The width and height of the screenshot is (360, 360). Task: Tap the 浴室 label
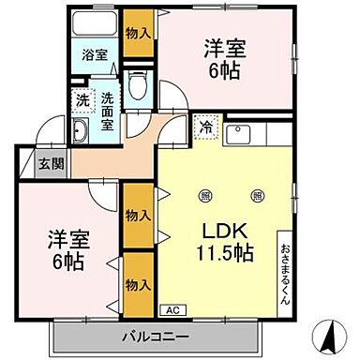pos(93,54)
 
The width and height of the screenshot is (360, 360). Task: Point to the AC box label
pos(172,307)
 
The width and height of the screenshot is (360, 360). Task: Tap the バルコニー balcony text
pos(155,335)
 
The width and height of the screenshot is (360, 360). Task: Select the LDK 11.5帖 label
pos(226,239)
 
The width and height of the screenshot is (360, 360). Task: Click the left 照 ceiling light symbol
pos(204,195)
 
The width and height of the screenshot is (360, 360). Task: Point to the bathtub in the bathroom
pos(93,23)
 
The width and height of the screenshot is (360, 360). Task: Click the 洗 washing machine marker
pos(82,98)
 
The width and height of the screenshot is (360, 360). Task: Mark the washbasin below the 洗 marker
pos(81,130)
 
